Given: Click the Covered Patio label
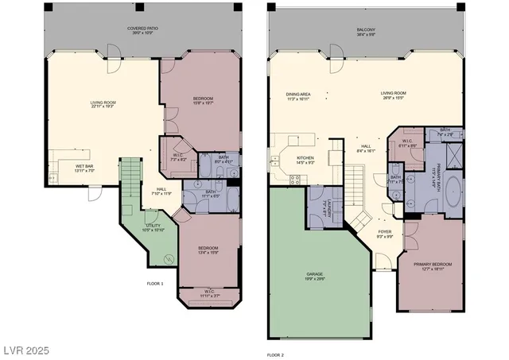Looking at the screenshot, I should click(x=144, y=30).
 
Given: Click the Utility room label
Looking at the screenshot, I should click(x=154, y=228).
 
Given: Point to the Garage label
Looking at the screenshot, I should click(x=316, y=276).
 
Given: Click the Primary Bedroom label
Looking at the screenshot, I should click(x=432, y=266).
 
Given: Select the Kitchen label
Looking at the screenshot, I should click(x=305, y=160).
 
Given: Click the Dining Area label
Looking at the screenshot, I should click(x=298, y=96).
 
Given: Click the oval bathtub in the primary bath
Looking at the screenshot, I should click(x=451, y=192).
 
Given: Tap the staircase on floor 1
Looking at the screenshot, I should click(x=130, y=183).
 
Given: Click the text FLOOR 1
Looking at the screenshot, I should click(x=155, y=284).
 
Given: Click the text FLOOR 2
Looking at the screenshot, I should click(x=275, y=354).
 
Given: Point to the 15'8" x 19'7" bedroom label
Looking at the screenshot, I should click(x=202, y=101).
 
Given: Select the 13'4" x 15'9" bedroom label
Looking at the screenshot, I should click(x=209, y=250).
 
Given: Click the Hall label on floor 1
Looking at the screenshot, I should click(x=161, y=190).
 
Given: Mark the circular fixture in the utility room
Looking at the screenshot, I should click(x=169, y=259).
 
